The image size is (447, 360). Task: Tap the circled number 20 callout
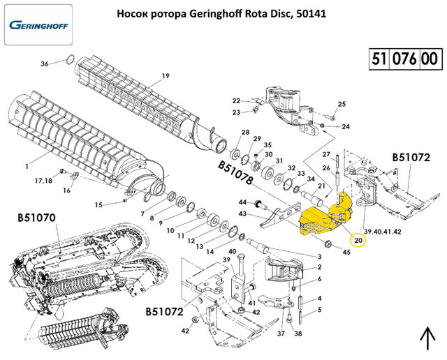pyautogui.click(x=358, y=240)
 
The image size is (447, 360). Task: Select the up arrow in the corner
pyautogui.click(x=425, y=340)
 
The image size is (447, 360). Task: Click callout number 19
pyautogui.click(x=166, y=75)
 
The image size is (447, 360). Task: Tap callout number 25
pyautogui.click(x=342, y=104)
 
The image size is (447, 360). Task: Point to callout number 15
pyautogui.click(x=99, y=204)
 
